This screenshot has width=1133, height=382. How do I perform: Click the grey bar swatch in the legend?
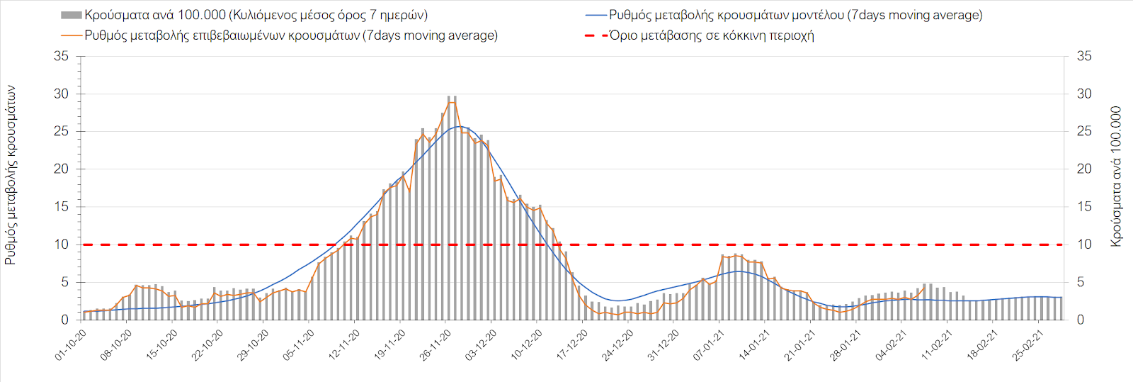tap(72, 15)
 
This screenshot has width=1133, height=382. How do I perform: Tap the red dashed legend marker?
tap(596, 35)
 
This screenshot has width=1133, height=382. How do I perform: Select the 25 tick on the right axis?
tap(1084, 131)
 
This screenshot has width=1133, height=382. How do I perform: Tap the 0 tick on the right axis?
tap(1081, 320)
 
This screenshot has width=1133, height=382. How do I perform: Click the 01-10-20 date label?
tap(72, 345)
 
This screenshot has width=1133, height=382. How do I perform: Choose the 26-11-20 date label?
tap(436, 345)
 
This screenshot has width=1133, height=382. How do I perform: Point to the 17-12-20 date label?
tap(573, 345)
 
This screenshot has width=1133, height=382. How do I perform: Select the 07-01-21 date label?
tap(710, 345)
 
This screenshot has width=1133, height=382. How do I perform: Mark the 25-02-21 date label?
tap(1029, 345)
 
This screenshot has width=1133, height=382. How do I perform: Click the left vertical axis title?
tap(11, 175)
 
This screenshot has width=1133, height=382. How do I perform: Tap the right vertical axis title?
tap(1117, 176)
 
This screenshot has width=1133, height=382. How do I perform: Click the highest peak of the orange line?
tap(452, 102)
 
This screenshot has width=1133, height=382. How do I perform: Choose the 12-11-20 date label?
tap(345, 345)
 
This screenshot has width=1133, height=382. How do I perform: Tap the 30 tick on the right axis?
tap(1084, 94)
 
